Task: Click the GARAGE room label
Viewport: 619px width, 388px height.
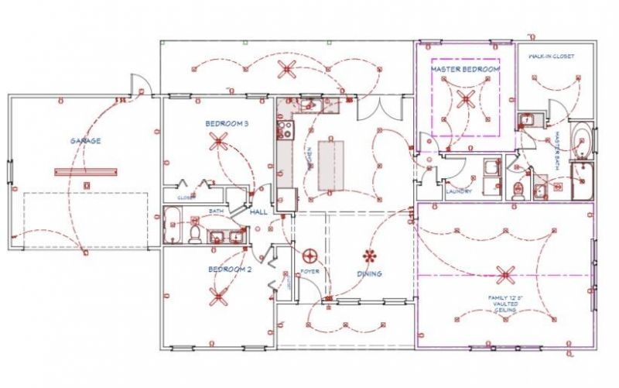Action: point(86,141)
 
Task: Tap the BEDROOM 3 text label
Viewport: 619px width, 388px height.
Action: point(227,124)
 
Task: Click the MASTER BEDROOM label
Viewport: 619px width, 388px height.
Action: point(465,70)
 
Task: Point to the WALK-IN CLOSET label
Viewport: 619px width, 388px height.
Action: point(552,57)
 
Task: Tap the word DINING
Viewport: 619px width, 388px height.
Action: point(369,273)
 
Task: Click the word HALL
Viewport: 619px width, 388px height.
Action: point(258,211)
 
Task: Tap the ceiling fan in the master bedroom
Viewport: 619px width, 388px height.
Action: point(466,98)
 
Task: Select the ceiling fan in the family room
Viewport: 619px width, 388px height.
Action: point(506,273)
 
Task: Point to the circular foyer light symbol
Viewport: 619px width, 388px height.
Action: point(311,256)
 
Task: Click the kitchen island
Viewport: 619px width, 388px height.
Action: point(330,165)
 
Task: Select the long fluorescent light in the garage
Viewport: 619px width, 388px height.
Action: point(85,171)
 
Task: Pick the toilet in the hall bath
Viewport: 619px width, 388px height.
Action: point(195,230)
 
